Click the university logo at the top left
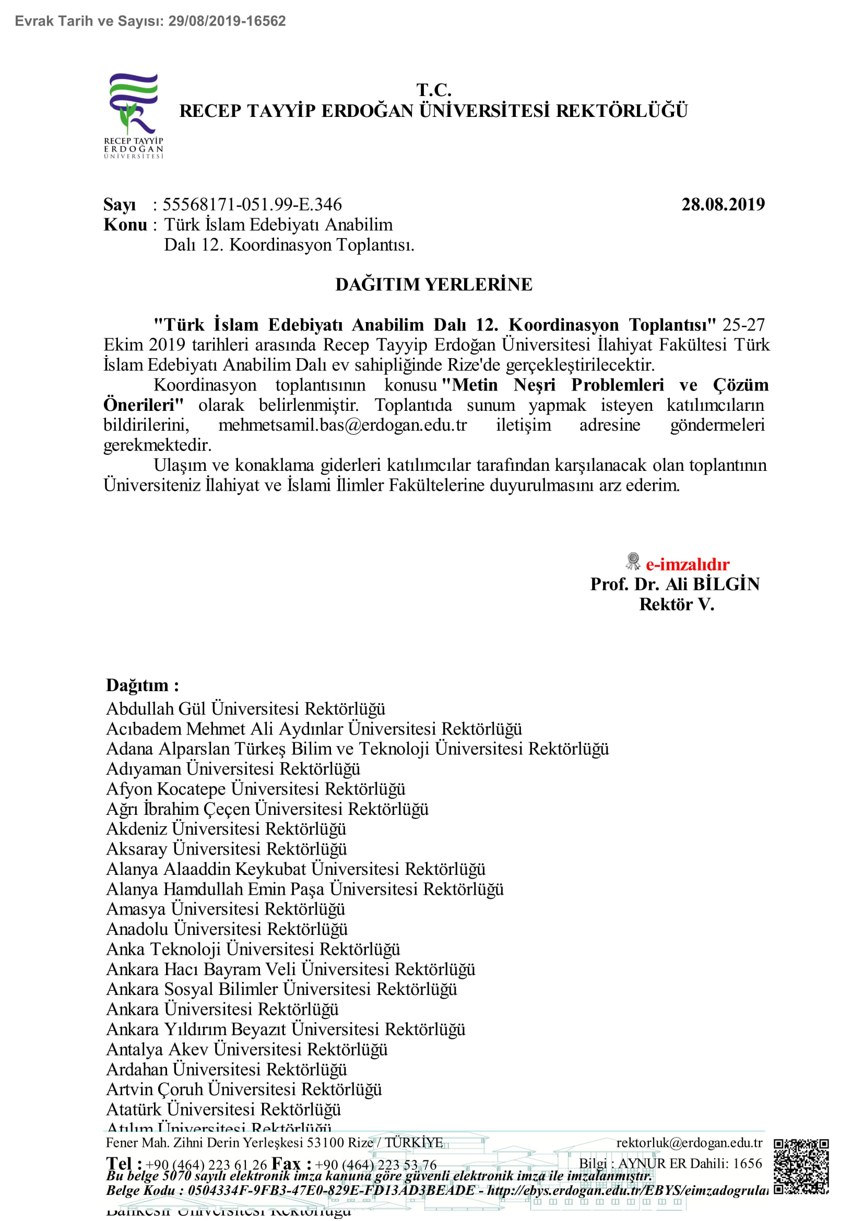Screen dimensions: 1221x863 pos(134,115)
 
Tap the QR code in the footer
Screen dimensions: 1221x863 pos(801,1167)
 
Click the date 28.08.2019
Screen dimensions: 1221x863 pos(723,205)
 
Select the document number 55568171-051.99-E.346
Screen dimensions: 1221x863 pos(252,205)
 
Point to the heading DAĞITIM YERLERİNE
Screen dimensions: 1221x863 pos(433,284)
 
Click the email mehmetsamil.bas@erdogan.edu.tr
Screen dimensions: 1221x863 pos(342,425)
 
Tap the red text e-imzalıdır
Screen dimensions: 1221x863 pos(687,564)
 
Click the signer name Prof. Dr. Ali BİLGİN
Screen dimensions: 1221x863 pos(675,585)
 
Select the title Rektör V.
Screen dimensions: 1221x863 pos(677,604)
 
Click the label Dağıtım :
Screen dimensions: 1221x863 pos(143,685)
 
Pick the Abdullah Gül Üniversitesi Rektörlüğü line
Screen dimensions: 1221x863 pos(246,709)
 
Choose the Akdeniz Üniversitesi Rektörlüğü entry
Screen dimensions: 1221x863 pos(226,829)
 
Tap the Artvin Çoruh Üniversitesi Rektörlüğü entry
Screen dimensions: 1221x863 pos(244,1089)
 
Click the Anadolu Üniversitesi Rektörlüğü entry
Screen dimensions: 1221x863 pos(227,929)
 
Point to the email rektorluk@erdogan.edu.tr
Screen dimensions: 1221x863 pos(689,1143)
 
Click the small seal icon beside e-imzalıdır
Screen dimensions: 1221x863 pos(633,561)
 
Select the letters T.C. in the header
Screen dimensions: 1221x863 pos(433,89)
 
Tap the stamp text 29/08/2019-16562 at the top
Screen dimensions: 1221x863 pos(227,21)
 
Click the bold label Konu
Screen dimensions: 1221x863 pos(125,225)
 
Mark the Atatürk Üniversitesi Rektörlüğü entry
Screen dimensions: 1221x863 pos(223,1109)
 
